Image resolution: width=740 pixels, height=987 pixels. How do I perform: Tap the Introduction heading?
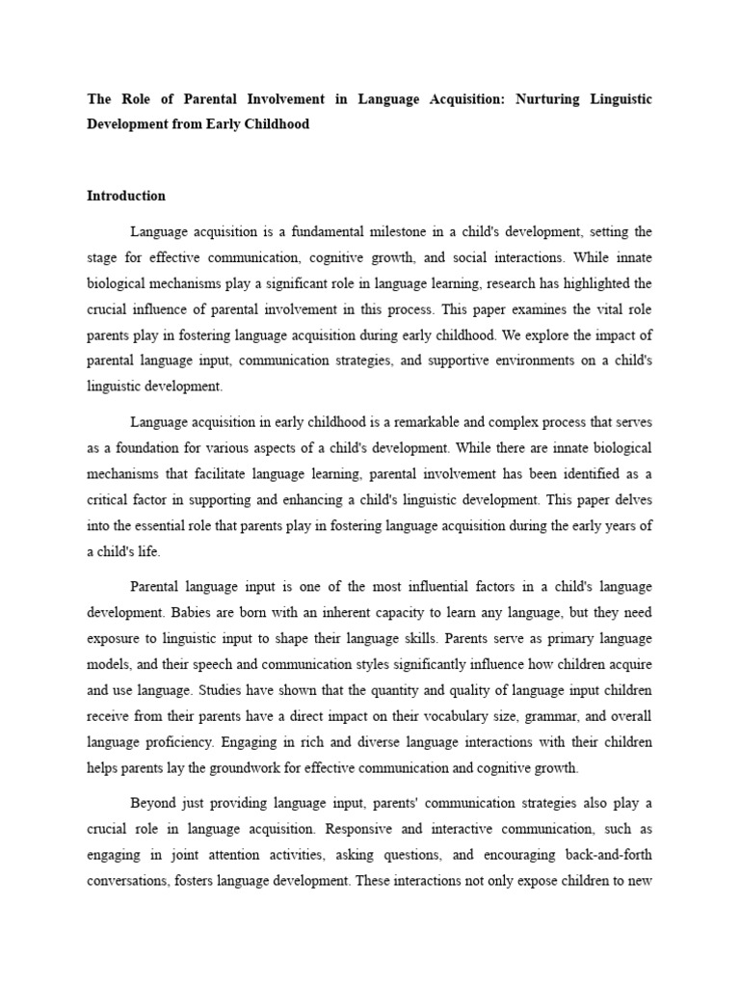coord(126,196)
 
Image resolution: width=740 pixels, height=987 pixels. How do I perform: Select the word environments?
coord(502,361)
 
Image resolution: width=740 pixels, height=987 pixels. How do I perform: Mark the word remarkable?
coord(421,422)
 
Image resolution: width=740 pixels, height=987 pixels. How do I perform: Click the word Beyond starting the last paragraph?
coord(152,803)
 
